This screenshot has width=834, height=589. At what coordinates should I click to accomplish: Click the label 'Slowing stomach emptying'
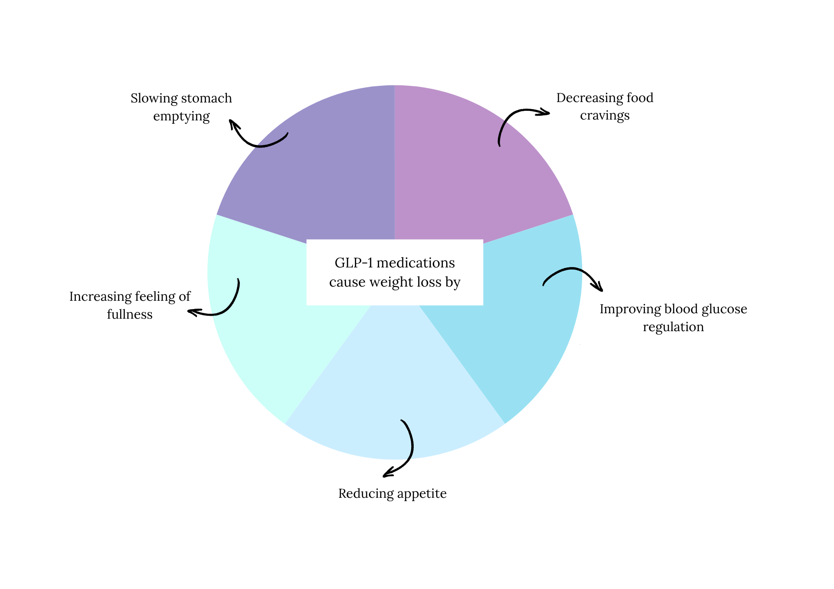(x=181, y=107)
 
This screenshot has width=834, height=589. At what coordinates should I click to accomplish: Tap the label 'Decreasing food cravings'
(x=605, y=106)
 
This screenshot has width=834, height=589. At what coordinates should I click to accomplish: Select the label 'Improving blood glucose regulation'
(x=673, y=318)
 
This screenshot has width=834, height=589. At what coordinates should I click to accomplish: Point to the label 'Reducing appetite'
(x=392, y=494)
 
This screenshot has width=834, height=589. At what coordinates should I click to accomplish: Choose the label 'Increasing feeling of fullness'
(x=130, y=305)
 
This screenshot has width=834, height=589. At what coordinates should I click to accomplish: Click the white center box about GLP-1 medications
(x=394, y=272)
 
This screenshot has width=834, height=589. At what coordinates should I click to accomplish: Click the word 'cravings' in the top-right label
(x=605, y=115)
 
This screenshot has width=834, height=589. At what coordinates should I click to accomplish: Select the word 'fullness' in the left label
(x=130, y=314)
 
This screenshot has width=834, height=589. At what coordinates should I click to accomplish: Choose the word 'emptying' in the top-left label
(x=181, y=116)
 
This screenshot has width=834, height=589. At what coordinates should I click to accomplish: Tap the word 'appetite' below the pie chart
(x=420, y=494)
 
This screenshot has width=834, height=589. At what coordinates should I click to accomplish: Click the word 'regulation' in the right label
(x=673, y=327)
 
